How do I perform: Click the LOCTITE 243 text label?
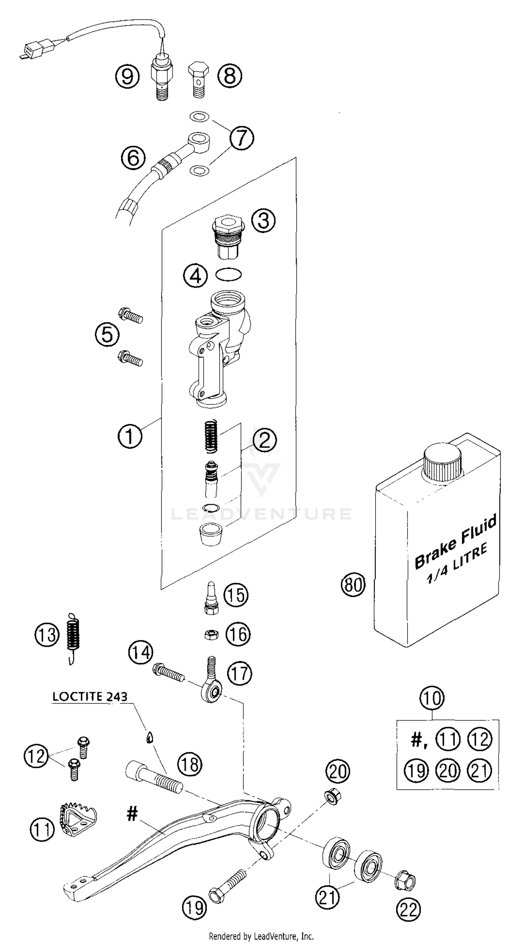[90, 696]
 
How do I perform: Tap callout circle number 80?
[353, 584]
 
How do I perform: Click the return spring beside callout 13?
[73, 637]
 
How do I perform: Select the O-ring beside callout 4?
[228, 275]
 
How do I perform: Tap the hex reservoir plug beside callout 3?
[228, 237]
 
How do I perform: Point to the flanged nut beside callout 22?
[405, 879]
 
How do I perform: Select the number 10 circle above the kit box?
[432, 698]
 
